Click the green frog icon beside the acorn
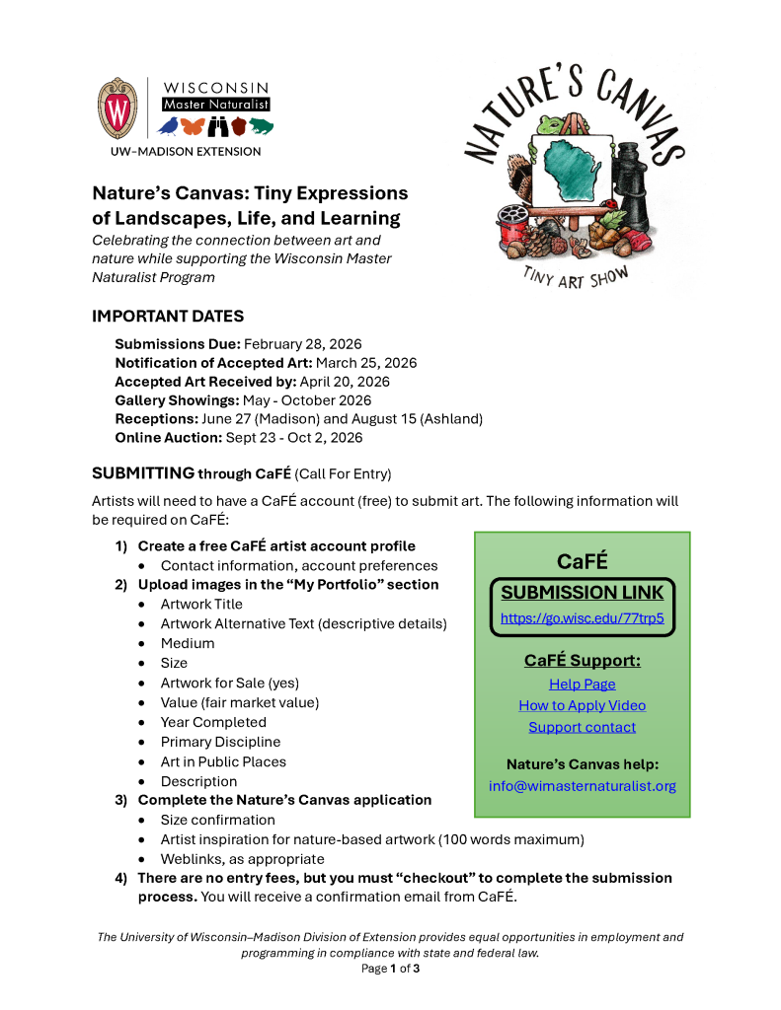click(x=262, y=126)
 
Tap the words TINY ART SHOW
click(x=576, y=276)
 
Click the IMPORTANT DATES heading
click(x=168, y=317)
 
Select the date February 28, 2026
click(x=303, y=344)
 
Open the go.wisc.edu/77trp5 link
click(x=582, y=619)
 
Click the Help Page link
click(x=582, y=685)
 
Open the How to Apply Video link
click(x=582, y=706)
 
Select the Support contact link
click(x=582, y=728)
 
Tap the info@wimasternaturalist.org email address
click(x=582, y=786)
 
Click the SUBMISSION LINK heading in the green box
click(x=582, y=593)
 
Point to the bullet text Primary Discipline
click(x=220, y=742)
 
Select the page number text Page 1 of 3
click(x=390, y=969)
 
